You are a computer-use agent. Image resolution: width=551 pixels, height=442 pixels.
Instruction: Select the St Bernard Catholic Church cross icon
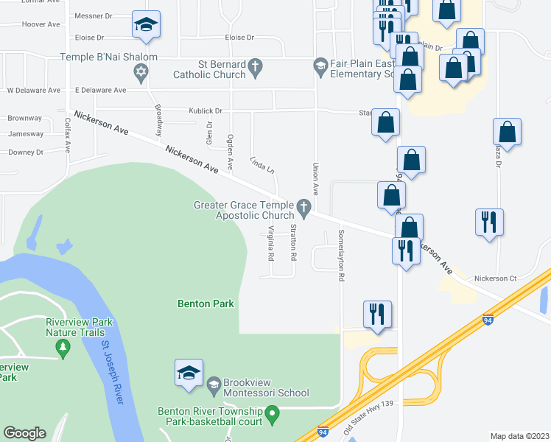point(255,69)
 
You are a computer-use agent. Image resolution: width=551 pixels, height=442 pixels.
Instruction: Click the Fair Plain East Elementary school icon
point(320,68)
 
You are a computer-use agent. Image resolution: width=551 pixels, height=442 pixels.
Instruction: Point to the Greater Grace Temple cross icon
point(303,206)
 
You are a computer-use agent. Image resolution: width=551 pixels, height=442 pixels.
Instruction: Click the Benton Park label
point(206,304)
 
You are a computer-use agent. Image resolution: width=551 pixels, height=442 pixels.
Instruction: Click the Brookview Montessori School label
point(267,393)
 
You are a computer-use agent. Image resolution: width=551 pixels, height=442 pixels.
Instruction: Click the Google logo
point(24,433)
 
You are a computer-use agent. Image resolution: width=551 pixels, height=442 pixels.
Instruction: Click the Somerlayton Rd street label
point(341,256)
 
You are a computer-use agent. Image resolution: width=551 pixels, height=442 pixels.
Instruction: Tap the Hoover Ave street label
point(41,24)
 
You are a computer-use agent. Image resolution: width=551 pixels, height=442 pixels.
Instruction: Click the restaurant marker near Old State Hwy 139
point(377,315)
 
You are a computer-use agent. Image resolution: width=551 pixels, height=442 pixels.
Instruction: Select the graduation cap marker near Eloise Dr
point(146,25)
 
